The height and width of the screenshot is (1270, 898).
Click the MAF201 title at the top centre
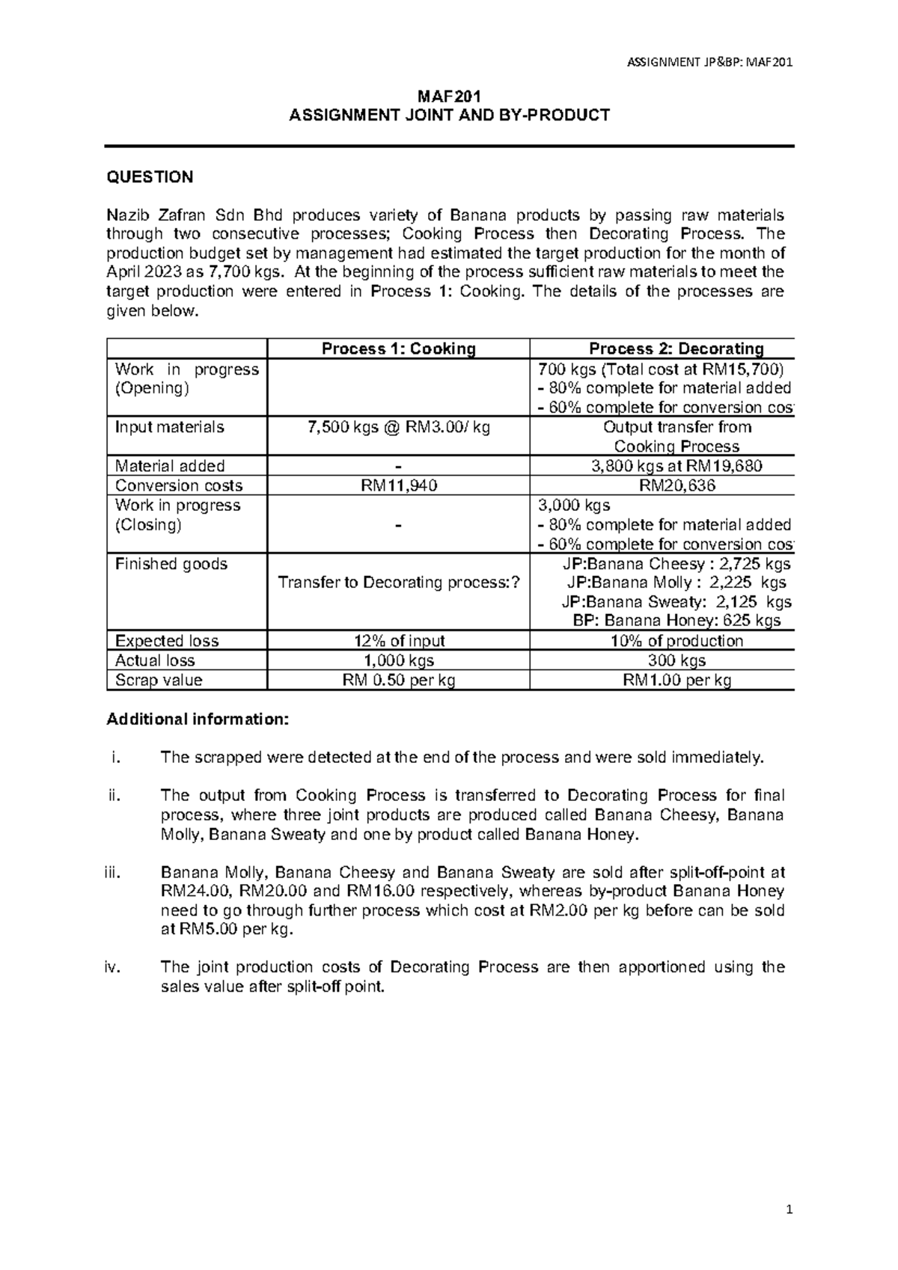[449, 96]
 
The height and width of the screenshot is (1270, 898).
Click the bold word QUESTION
[150, 177]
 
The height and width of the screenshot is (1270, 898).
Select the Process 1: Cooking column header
[398, 349]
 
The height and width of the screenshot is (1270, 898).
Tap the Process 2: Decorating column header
[676, 349]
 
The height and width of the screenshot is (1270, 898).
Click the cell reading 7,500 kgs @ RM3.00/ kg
[398, 427]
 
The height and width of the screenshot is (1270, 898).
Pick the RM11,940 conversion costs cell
[398, 485]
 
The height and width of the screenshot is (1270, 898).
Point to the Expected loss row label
[166, 641]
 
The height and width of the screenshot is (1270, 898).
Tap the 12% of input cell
[398, 641]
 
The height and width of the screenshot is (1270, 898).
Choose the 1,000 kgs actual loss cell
[398, 660]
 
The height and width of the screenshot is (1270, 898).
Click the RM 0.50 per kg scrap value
[398, 680]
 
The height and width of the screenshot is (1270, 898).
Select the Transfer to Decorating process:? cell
[398, 583]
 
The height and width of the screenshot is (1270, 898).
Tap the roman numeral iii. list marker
[113, 872]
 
